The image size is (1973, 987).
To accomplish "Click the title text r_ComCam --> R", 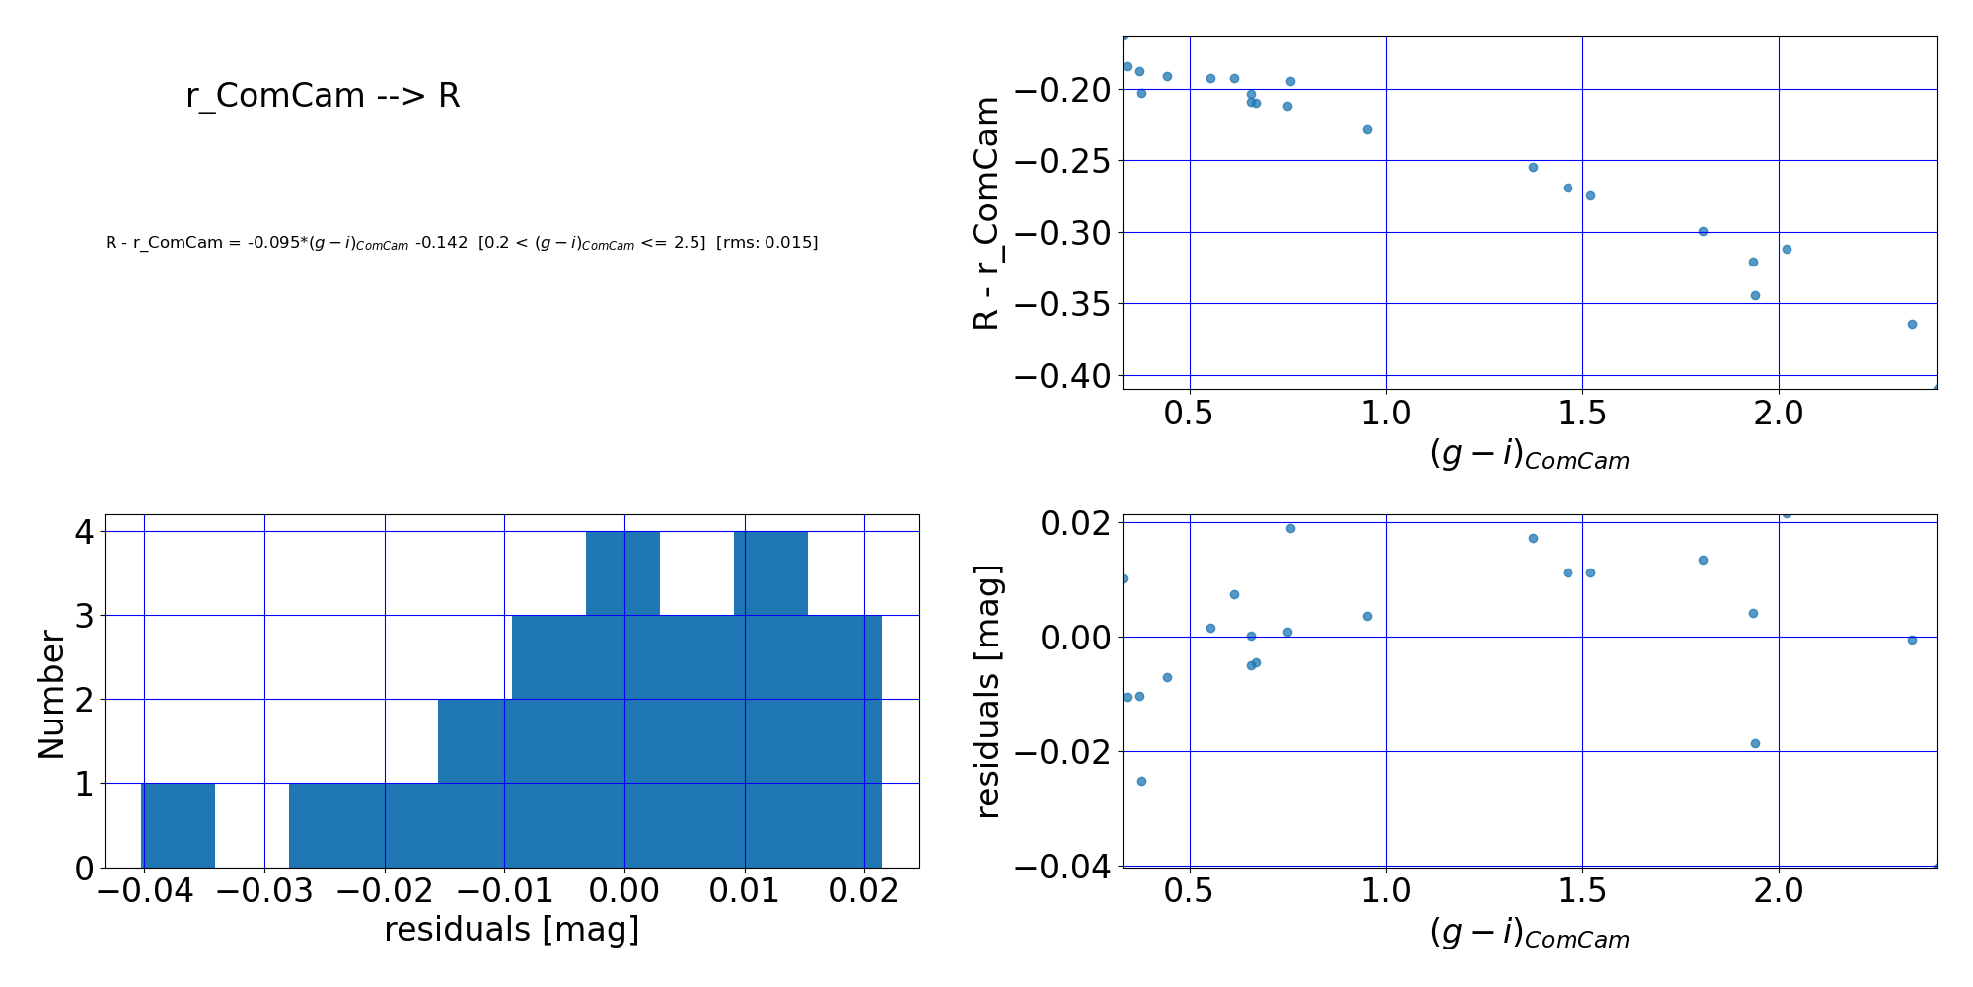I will pyautogui.click(x=323, y=96).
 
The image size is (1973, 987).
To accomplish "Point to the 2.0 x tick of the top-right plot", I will pyautogui.click(x=1778, y=414).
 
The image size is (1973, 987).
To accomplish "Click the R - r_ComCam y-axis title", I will pyautogui.click(x=986, y=212).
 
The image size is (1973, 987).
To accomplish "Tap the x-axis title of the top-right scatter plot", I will pyautogui.click(x=1529, y=455).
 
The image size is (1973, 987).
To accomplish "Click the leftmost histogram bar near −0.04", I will pyautogui.click(x=179, y=825).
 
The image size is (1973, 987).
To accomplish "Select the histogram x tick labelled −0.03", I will pyautogui.click(x=264, y=891).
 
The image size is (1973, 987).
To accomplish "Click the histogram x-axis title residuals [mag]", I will pyautogui.click(x=511, y=930).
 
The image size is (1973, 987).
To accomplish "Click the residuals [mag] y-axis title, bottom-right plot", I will pyautogui.click(x=986, y=691).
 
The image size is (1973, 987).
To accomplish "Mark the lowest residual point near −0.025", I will pyautogui.click(x=1141, y=781).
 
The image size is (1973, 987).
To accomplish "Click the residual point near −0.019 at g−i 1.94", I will pyautogui.click(x=1755, y=743).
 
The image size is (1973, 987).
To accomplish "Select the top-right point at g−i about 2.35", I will pyautogui.click(x=1912, y=324).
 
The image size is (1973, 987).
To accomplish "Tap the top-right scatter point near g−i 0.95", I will pyautogui.click(x=1367, y=129).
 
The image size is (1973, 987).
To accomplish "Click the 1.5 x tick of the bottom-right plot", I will pyautogui.click(x=1581, y=892).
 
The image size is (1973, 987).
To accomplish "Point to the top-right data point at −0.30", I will pyautogui.click(x=1703, y=231).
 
